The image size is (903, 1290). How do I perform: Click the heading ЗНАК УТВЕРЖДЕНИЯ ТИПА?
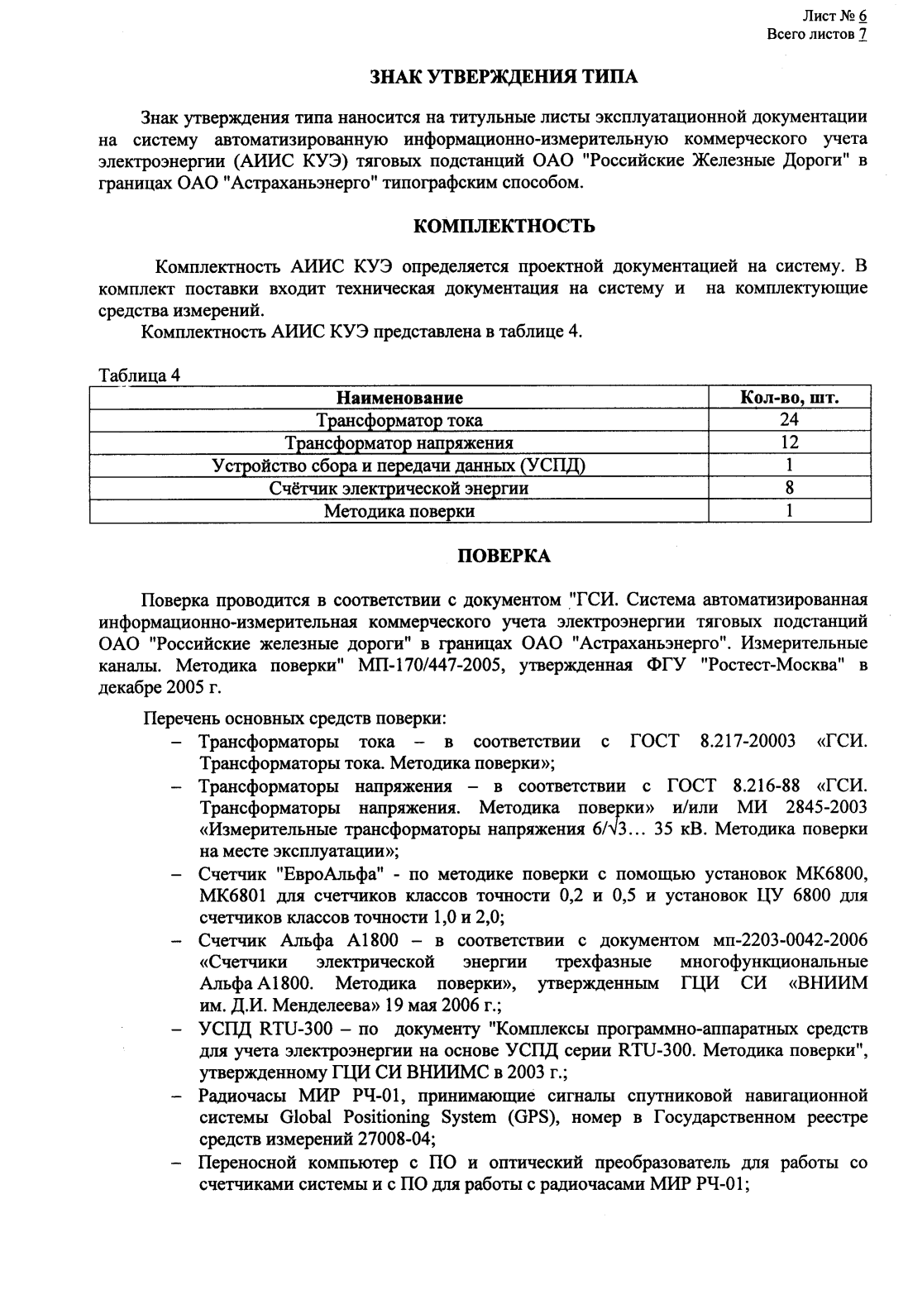[503, 77]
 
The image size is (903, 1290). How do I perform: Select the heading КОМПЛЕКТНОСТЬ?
[503, 225]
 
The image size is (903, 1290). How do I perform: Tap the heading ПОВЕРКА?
[504, 557]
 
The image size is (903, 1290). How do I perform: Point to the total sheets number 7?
[862, 35]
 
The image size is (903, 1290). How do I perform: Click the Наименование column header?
[399, 398]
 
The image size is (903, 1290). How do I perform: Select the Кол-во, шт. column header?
[790, 398]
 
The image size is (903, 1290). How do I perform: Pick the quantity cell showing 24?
[790, 420]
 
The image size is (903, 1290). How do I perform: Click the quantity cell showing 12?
[790, 442]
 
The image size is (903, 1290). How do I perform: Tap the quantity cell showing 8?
[790, 488]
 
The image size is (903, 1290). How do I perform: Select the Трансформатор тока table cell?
[399, 420]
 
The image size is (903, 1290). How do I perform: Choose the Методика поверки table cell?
[399, 511]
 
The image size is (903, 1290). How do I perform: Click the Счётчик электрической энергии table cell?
[399, 488]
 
